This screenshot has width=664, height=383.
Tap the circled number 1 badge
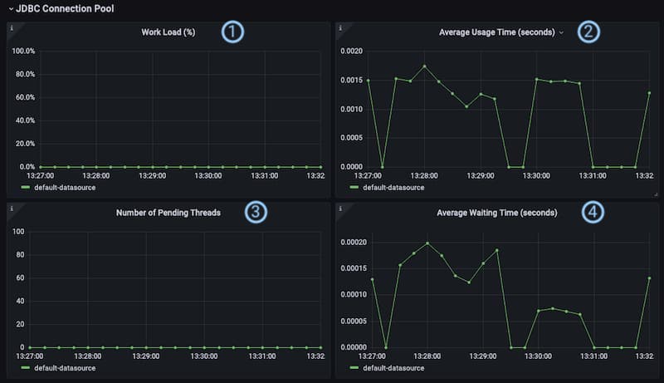pos(233,32)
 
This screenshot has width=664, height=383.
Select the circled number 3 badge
pos(256,213)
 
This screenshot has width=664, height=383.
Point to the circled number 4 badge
pos(592,213)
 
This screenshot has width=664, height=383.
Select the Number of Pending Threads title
pos(168,213)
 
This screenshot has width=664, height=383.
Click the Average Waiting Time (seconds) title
pos(497,213)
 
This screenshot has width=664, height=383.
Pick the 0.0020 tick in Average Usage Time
pos(352,51)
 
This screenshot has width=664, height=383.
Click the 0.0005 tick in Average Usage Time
pos(352,138)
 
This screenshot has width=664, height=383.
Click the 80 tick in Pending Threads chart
pos(18,254)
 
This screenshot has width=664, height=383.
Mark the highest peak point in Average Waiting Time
pos(427,243)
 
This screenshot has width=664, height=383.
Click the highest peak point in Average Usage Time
pos(424,66)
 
